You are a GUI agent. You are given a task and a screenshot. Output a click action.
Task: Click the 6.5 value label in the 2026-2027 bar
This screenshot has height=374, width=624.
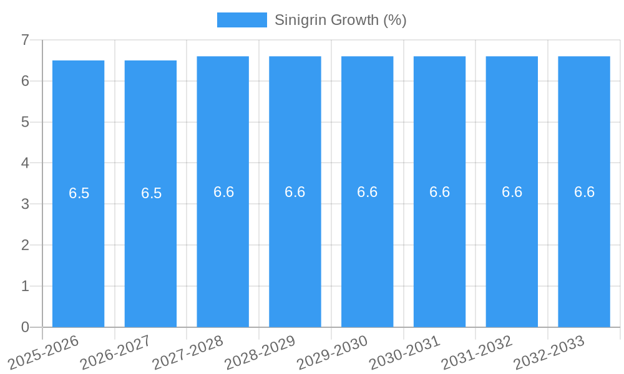pos(151,193)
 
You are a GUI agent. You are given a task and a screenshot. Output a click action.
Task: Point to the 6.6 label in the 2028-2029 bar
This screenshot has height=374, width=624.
pos(295,192)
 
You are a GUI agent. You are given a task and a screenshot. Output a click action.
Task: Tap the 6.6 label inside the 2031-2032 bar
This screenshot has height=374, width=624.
pos(512,192)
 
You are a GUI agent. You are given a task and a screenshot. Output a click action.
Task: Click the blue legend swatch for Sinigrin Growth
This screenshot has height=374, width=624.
pos(241,20)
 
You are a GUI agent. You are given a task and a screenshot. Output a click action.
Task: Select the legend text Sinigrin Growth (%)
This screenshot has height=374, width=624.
pos(340,20)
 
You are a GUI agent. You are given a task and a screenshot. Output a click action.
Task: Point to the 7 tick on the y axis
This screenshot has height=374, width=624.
pos(25,40)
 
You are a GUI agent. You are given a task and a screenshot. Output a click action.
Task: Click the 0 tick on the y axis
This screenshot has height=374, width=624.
pos(25,327)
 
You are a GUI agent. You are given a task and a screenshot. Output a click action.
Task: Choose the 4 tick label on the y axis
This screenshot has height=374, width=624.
pos(25,163)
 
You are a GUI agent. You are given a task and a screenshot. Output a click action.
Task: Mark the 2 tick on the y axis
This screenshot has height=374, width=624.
pos(25,245)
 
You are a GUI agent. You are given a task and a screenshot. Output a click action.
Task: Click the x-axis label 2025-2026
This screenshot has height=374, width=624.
pos(44,352)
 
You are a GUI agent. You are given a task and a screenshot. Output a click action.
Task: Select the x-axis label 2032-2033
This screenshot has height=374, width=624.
pos(550,352)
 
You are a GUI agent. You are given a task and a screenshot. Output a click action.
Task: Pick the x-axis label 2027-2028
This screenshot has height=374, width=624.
pos(188,352)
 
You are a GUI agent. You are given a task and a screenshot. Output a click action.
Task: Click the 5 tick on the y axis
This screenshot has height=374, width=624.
pos(25,122)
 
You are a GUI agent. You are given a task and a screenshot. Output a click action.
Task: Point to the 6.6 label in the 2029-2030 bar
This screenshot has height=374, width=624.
pos(367,192)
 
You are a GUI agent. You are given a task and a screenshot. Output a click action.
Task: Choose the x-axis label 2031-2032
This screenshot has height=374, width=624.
pos(477,352)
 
